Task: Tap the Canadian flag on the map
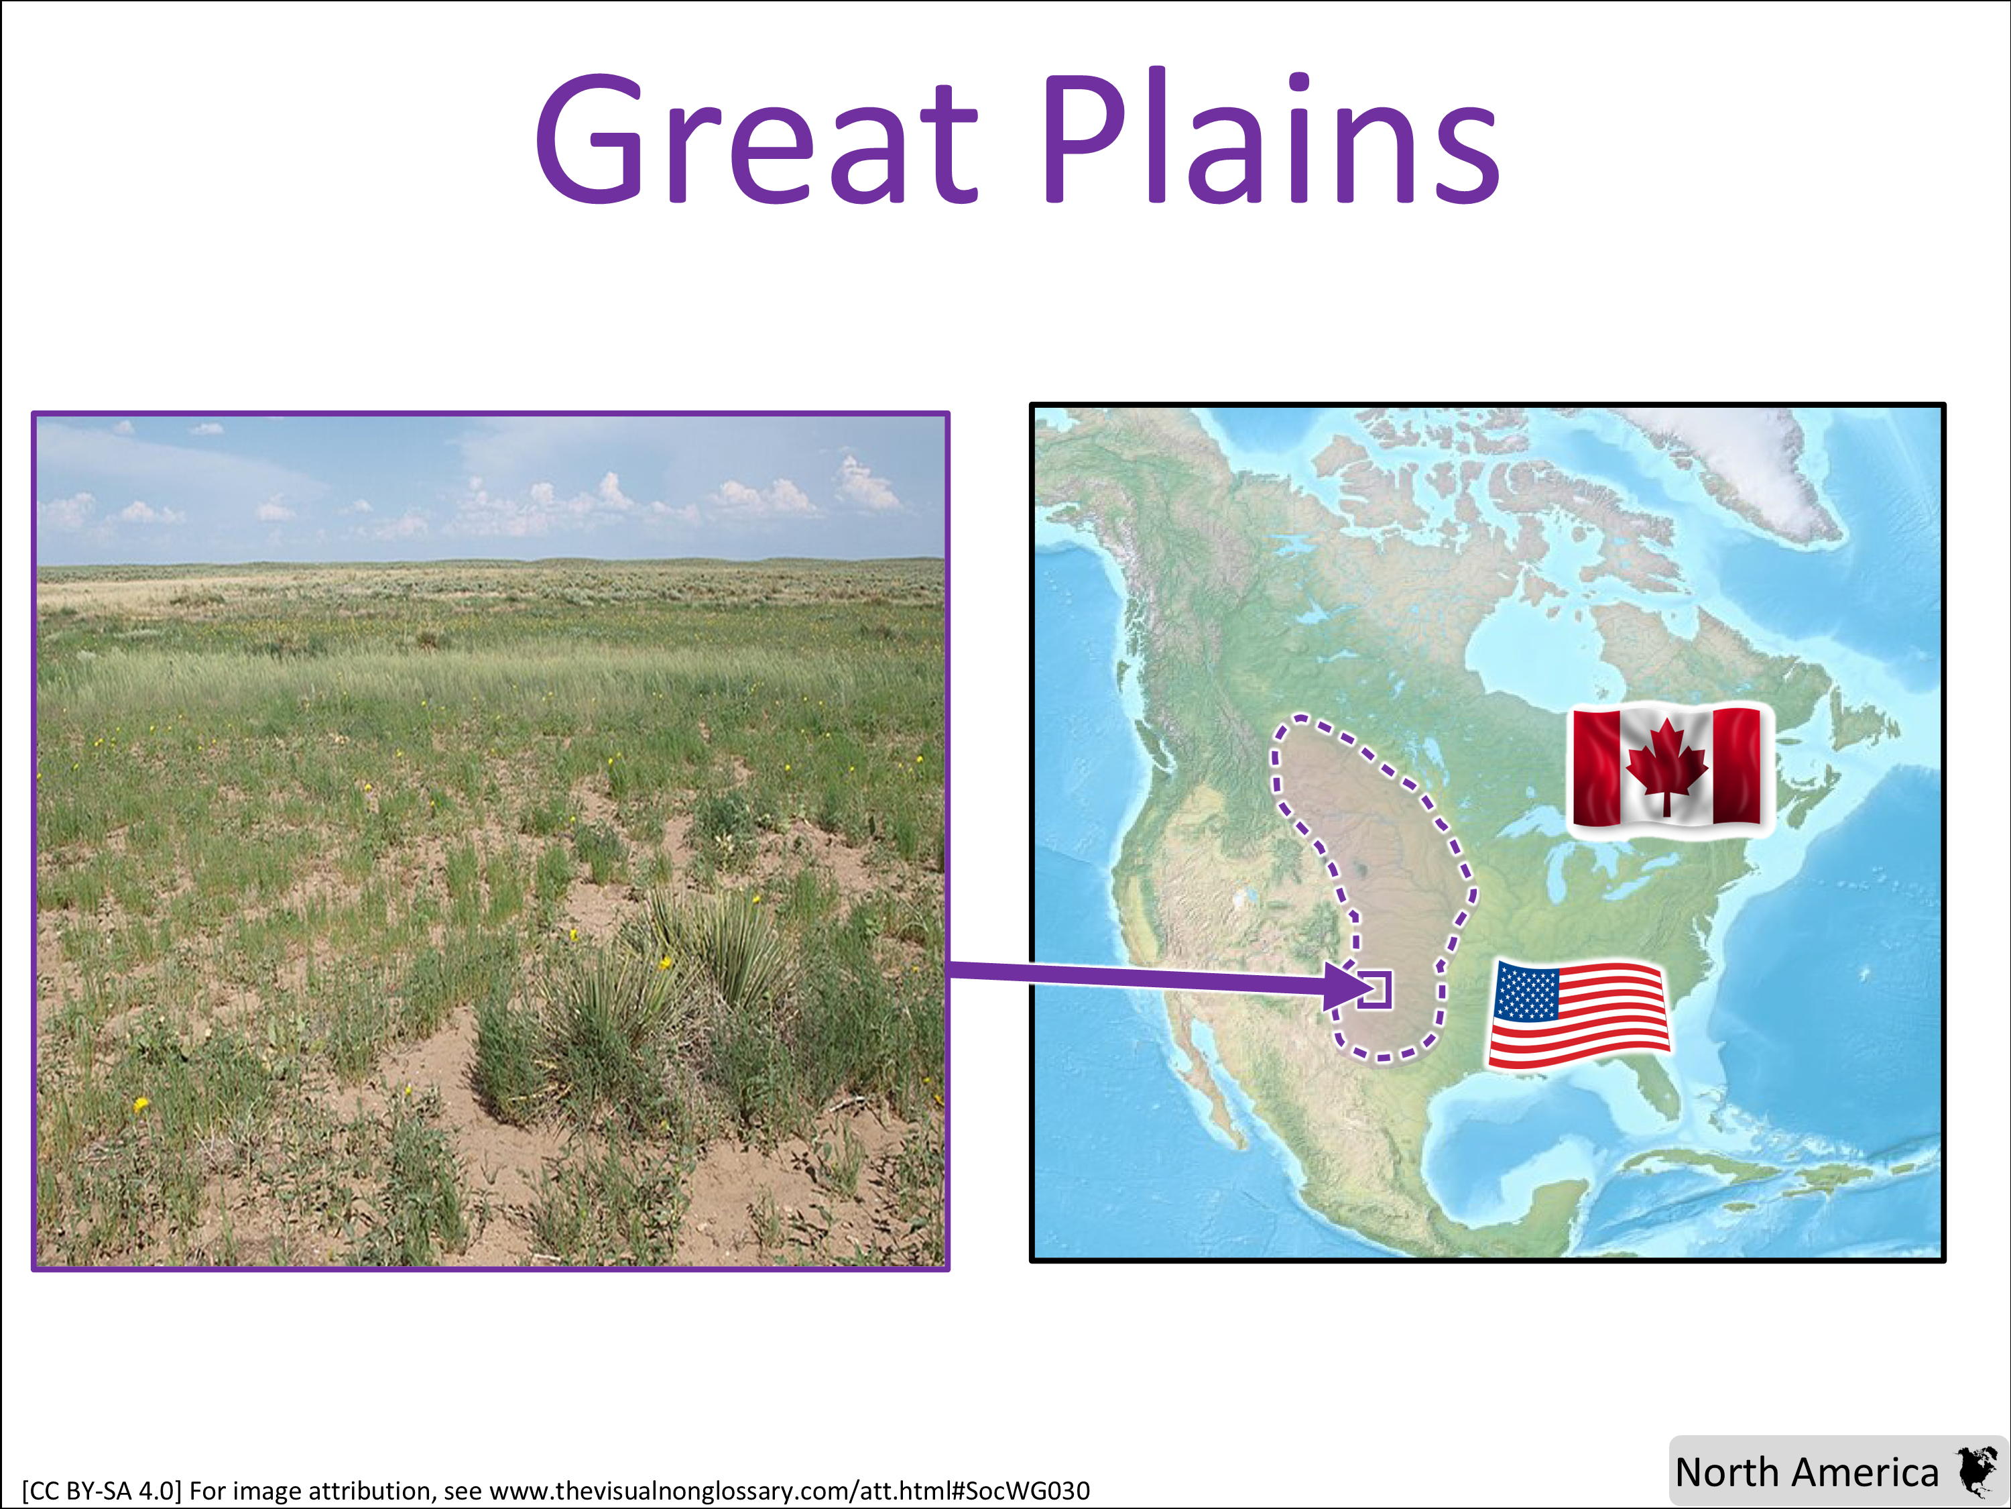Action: click(1667, 769)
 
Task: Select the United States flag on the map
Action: click(1579, 1013)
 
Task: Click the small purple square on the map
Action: click(1375, 990)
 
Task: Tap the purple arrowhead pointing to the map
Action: click(1345, 986)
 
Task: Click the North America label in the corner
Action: click(1807, 1471)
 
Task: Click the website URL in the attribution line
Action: click(789, 1491)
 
